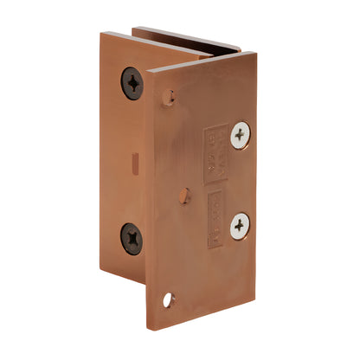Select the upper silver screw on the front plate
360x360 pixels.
(x=239, y=133)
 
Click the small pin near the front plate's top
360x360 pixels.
(x=170, y=97)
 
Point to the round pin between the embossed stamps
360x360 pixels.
(x=183, y=196)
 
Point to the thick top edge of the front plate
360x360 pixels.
(x=203, y=60)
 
